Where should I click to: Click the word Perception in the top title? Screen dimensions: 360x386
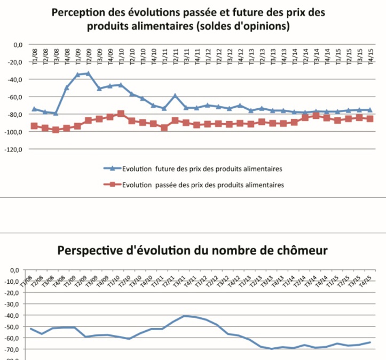pos(82,11)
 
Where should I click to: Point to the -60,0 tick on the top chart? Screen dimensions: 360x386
pos(14,97)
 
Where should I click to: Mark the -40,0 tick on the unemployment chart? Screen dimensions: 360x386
pos(12,315)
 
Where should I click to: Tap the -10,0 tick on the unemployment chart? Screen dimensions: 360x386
pos(12,281)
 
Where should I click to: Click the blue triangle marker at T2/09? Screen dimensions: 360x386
pos(88,73)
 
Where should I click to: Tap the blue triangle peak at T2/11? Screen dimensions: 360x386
pos(175,95)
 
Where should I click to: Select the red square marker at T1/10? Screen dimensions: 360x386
pos(121,114)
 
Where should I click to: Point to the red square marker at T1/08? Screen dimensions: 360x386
pos(34,126)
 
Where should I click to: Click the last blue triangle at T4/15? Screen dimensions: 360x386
pos(369,110)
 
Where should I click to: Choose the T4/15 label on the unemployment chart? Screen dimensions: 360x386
pos(366,279)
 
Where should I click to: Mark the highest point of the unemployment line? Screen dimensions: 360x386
pos(185,316)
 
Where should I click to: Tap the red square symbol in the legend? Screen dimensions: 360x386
pos(112,185)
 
